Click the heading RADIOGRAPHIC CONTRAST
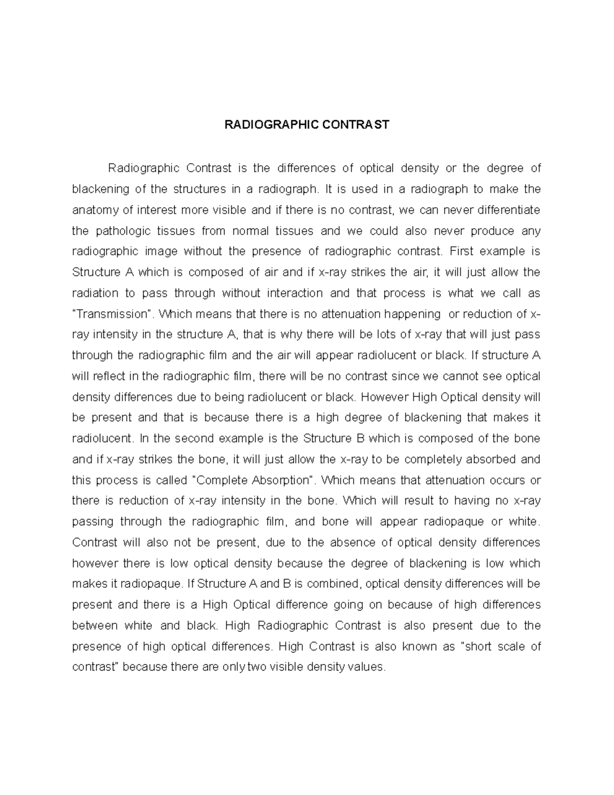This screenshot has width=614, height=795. (306, 125)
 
